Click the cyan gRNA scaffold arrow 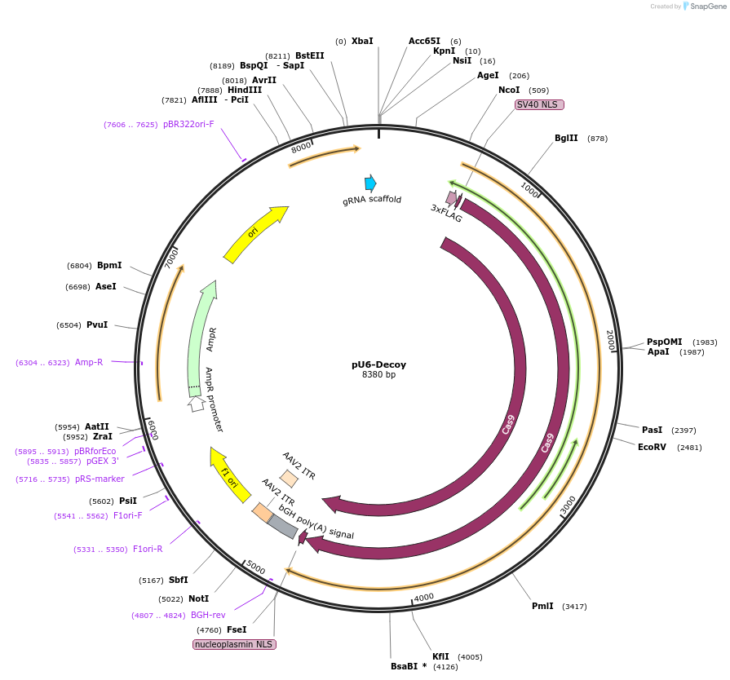(x=370, y=183)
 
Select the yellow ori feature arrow (x=255, y=235)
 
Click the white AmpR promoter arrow (x=196, y=403)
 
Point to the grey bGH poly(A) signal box (x=283, y=527)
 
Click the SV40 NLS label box (x=539, y=104)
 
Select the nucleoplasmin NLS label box (x=234, y=644)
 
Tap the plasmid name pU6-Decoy (x=378, y=364)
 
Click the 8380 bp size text (x=378, y=375)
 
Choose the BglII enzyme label (x=566, y=138)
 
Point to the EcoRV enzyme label (x=653, y=447)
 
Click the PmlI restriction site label (x=542, y=606)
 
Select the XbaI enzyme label (x=362, y=41)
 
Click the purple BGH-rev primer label (x=208, y=616)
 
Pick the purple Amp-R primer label (x=89, y=362)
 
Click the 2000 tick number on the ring (x=609, y=340)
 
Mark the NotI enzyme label (x=199, y=598)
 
